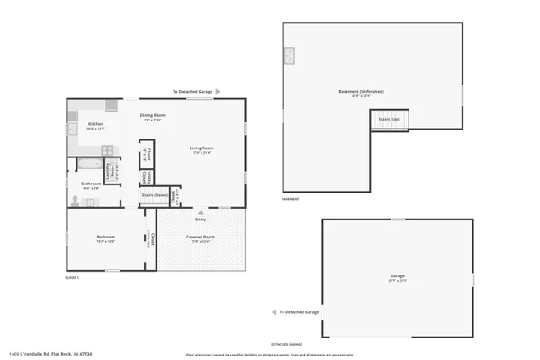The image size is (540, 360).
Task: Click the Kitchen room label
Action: (95, 124)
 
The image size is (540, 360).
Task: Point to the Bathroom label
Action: (92, 184)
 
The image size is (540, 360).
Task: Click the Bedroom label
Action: (106, 238)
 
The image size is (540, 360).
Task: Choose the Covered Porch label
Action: (199, 238)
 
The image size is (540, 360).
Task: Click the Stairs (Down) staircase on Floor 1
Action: (154, 194)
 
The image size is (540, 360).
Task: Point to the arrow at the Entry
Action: (200, 212)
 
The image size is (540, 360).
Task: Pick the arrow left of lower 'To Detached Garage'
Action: (274, 312)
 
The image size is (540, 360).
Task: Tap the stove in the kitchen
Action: (106, 149)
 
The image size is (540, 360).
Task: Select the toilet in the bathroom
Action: (74, 202)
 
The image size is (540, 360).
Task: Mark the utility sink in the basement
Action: (291, 56)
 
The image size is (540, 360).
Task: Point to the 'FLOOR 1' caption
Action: (72, 278)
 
